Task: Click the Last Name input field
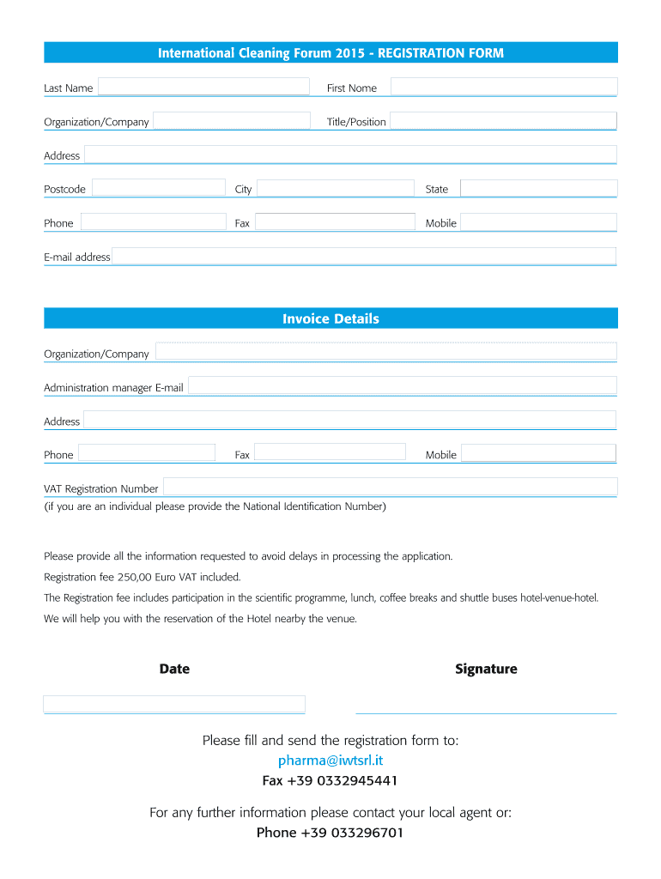pyautogui.click(x=203, y=87)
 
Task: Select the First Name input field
pyautogui.click(x=504, y=87)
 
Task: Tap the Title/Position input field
pyautogui.click(x=503, y=121)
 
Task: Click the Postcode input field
pyautogui.click(x=159, y=188)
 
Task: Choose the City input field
pyautogui.click(x=335, y=188)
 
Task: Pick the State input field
pyautogui.click(x=538, y=188)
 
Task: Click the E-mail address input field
pyautogui.click(x=364, y=256)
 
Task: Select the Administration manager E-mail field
pyautogui.click(x=402, y=386)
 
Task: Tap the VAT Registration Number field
pyautogui.click(x=390, y=488)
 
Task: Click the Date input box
pyautogui.click(x=174, y=704)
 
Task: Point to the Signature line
pyautogui.click(x=486, y=712)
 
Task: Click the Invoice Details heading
pyautogui.click(x=330, y=318)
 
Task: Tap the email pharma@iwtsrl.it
pyautogui.click(x=330, y=761)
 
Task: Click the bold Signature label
pyautogui.click(x=486, y=669)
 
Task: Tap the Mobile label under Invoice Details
pyautogui.click(x=441, y=455)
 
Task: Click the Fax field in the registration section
pyautogui.click(x=335, y=222)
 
